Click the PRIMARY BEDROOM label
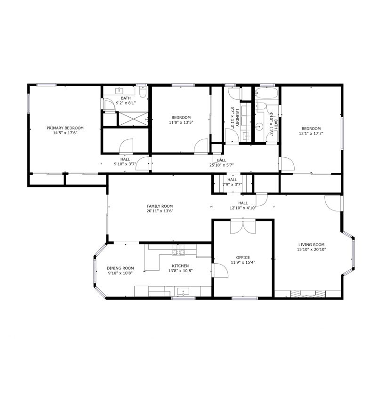tap(65, 128)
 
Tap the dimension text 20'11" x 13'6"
tap(160, 211)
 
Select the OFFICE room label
tap(243, 258)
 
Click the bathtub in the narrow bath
tap(266, 93)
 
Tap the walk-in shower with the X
tap(133, 119)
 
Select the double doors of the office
tap(243, 227)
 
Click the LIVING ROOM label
tap(311, 245)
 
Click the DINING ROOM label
tap(120, 268)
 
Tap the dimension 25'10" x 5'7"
tap(221, 165)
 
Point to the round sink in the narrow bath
tap(259, 126)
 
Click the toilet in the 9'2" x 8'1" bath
tap(143, 92)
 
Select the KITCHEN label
tap(180, 266)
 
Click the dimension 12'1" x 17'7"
tap(311, 134)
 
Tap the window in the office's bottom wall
tap(245, 298)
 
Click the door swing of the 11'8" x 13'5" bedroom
tap(201, 145)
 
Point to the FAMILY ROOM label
tap(160, 206)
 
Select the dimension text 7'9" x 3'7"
tap(232, 185)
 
